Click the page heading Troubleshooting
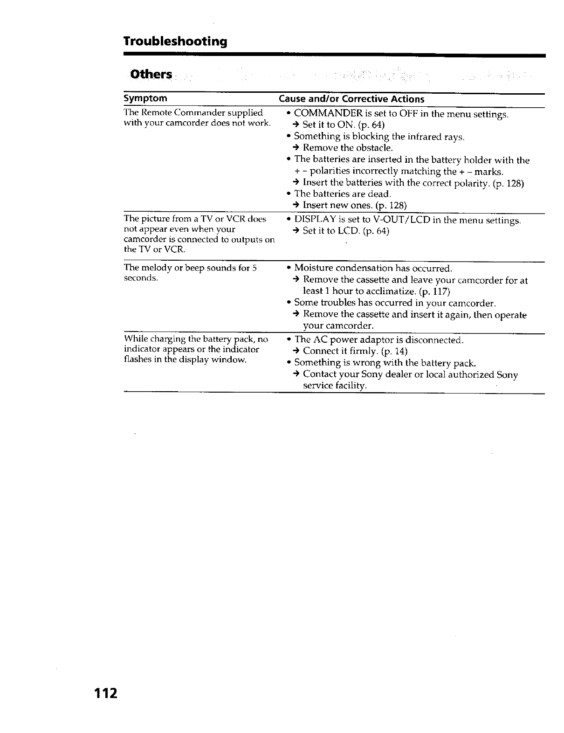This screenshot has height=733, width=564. pos(175,41)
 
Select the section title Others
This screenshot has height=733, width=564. pos(151,75)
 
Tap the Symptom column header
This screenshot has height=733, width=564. pos(145,98)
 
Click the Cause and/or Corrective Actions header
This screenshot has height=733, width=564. pos(351,99)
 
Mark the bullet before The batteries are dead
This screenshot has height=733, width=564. pos(289,194)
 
